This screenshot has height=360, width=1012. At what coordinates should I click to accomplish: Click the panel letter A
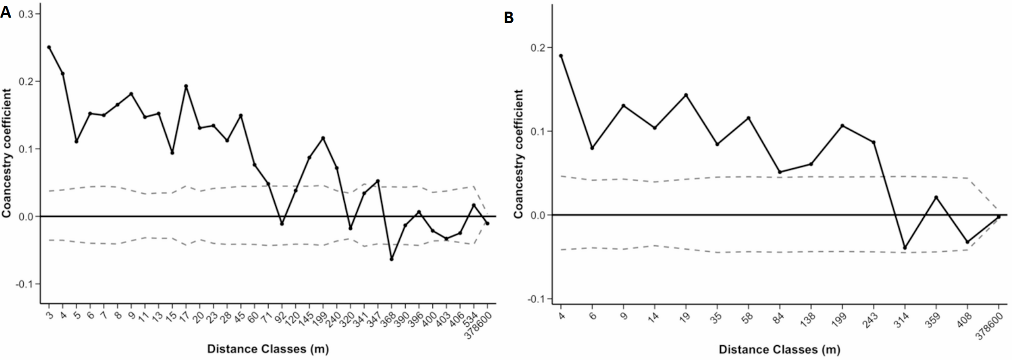click(x=6, y=12)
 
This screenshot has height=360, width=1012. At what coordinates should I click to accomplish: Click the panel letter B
click(x=509, y=18)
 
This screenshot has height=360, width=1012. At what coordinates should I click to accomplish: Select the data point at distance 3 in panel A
click(x=49, y=47)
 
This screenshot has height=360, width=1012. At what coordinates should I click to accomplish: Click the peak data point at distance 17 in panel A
click(x=186, y=86)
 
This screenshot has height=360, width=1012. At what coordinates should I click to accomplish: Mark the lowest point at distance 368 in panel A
click(x=392, y=259)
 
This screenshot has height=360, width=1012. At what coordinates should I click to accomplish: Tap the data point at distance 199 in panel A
click(x=323, y=138)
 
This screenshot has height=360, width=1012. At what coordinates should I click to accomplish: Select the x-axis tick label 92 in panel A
click(x=280, y=317)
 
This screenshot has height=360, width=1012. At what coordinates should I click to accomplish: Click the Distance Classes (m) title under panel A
click(x=268, y=349)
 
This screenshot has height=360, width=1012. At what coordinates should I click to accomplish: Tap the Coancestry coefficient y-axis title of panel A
click(x=7, y=153)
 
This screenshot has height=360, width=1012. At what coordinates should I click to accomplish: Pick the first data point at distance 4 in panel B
click(x=561, y=56)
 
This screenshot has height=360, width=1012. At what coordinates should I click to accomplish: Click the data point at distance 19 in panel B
click(x=686, y=95)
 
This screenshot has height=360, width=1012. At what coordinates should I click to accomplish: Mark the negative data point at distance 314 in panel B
click(x=905, y=248)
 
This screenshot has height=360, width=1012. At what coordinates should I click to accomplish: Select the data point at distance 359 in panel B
click(x=936, y=197)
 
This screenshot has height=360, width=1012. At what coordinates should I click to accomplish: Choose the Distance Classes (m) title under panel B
click(x=779, y=349)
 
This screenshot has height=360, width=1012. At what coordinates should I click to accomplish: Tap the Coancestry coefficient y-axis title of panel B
click(x=519, y=154)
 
